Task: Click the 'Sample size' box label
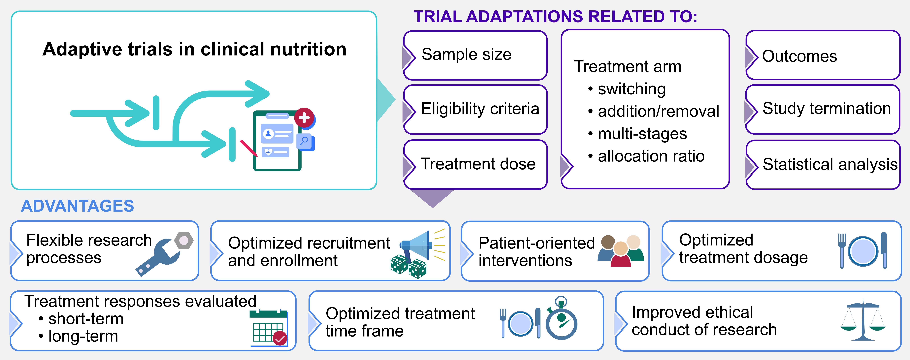(x=466, y=54)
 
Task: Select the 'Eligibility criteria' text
(x=480, y=109)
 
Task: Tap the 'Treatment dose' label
(x=478, y=164)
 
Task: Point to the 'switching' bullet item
(x=632, y=89)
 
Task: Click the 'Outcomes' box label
(x=799, y=56)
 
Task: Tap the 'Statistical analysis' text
(x=830, y=164)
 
